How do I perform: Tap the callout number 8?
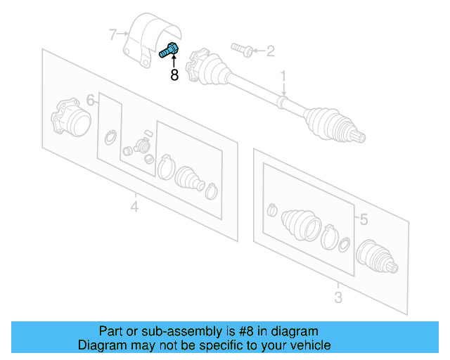174,75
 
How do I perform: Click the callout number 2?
270,51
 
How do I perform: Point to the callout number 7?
112,33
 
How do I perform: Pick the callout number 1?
284,75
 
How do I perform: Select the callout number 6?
91,99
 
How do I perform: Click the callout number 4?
134,206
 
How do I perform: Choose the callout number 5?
363,220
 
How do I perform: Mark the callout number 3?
337,297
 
